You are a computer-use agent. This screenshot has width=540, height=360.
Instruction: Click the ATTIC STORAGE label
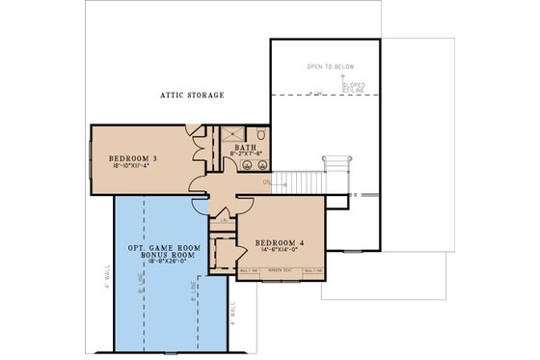[x=192, y=95]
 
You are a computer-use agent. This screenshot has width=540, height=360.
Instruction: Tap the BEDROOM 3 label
[x=135, y=156]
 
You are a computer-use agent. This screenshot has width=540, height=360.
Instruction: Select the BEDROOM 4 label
[x=280, y=241]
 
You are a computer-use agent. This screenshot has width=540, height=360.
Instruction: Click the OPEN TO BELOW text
[x=331, y=67]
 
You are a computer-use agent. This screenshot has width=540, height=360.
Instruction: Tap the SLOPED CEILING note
[x=352, y=86]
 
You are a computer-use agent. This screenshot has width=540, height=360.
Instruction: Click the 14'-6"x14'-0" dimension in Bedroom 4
[x=280, y=250]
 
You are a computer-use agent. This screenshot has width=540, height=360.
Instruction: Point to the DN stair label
[x=267, y=180]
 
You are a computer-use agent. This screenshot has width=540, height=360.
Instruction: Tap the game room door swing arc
[x=200, y=205]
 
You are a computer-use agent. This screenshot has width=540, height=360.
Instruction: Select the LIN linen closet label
[x=225, y=219]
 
